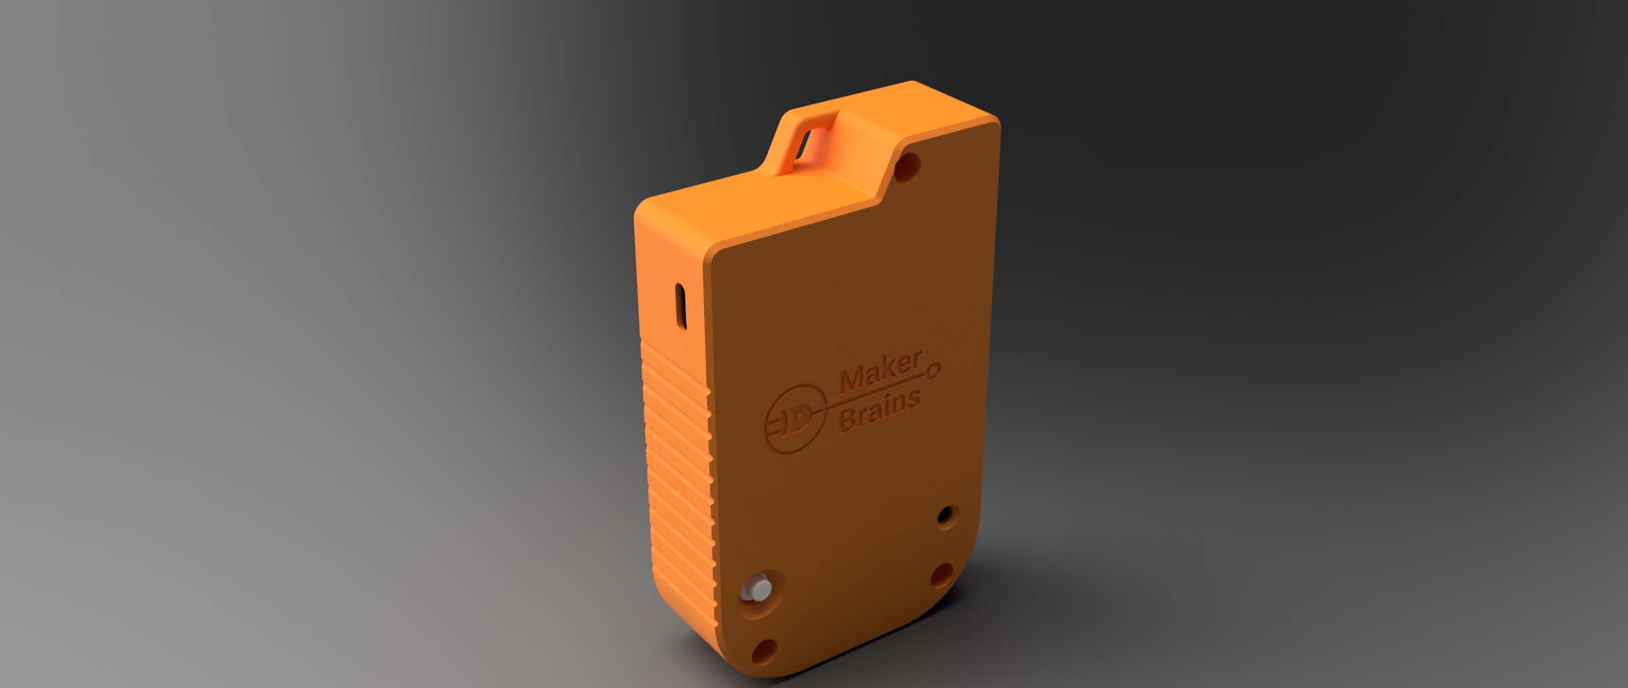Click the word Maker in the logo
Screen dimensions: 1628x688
880,372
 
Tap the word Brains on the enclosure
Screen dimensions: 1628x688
880,410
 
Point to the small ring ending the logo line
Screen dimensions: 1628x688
933,370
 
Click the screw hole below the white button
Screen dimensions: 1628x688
764,652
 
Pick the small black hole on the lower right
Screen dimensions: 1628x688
945,516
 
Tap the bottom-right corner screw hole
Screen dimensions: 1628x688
941,575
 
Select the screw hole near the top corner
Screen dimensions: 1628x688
907,167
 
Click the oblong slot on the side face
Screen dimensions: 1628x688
681,306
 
